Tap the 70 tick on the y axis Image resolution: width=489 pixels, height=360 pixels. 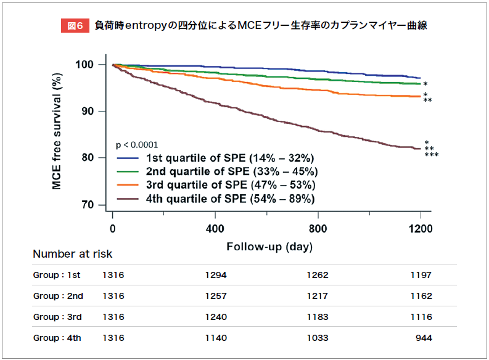coord(87,205)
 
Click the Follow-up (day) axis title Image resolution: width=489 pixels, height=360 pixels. coord(269,247)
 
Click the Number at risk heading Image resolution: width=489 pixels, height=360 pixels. coord(72,254)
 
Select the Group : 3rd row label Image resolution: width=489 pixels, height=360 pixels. coord(58,317)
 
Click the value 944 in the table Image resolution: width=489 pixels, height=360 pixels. coord(424,338)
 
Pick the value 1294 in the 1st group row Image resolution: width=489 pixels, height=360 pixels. coord(216,275)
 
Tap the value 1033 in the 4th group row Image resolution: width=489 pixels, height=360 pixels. coord(318,338)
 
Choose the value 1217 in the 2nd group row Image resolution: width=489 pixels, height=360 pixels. coord(318,296)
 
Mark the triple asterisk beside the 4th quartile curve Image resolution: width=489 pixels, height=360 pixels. coord(432,155)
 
